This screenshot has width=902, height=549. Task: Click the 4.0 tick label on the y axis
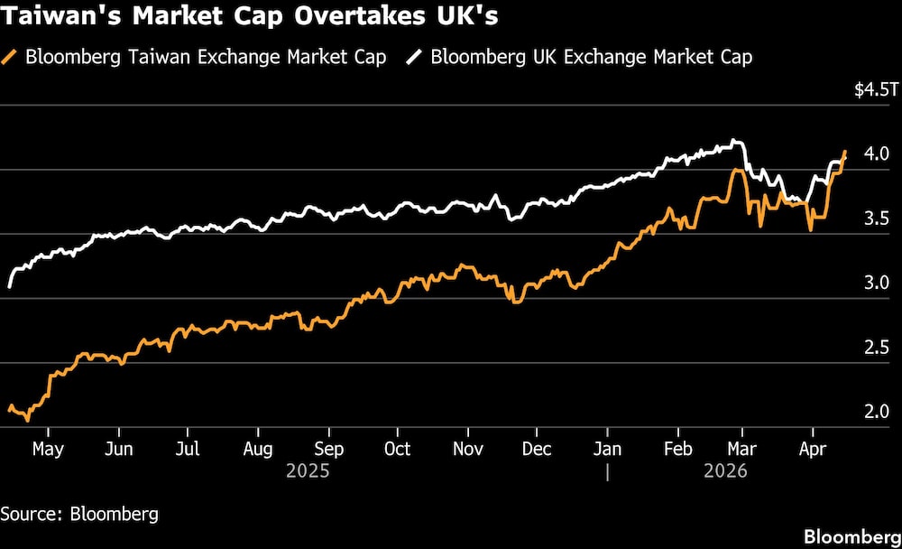pyautogui.click(x=877, y=154)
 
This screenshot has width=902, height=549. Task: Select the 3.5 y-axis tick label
pyautogui.click(x=877, y=219)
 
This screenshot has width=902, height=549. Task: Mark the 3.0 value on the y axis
pyautogui.click(x=877, y=283)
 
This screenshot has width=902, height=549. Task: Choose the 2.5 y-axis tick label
pyautogui.click(x=877, y=348)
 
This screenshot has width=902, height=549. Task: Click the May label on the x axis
pyautogui.click(x=48, y=449)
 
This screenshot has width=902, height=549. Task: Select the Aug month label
pyautogui.click(x=258, y=449)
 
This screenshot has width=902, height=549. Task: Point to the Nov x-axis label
pyautogui.click(x=467, y=449)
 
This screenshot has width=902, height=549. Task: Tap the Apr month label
pyautogui.click(x=813, y=449)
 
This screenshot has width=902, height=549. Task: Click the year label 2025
pyautogui.click(x=308, y=471)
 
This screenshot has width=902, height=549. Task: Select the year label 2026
pyautogui.click(x=725, y=471)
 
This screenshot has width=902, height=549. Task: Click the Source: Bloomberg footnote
pyautogui.click(x=79, y=515)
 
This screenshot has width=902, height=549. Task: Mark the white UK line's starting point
pyautogui.click(x=9, y=287)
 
